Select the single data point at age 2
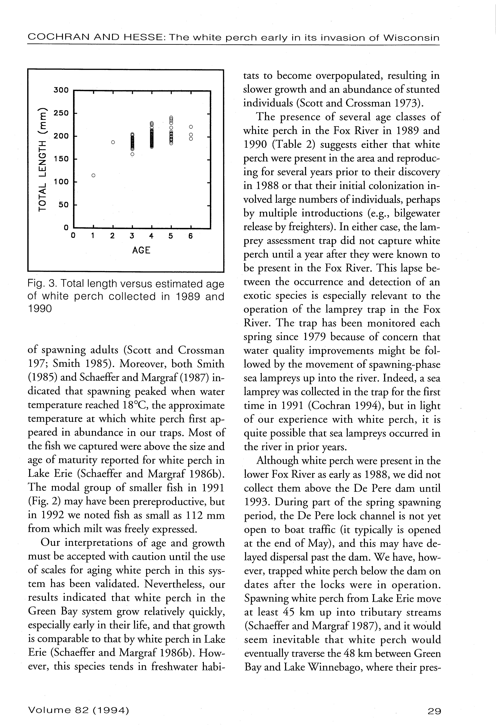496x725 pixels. [113, 142]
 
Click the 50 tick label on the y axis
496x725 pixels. [64, 205]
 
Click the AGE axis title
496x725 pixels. [141, 250]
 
